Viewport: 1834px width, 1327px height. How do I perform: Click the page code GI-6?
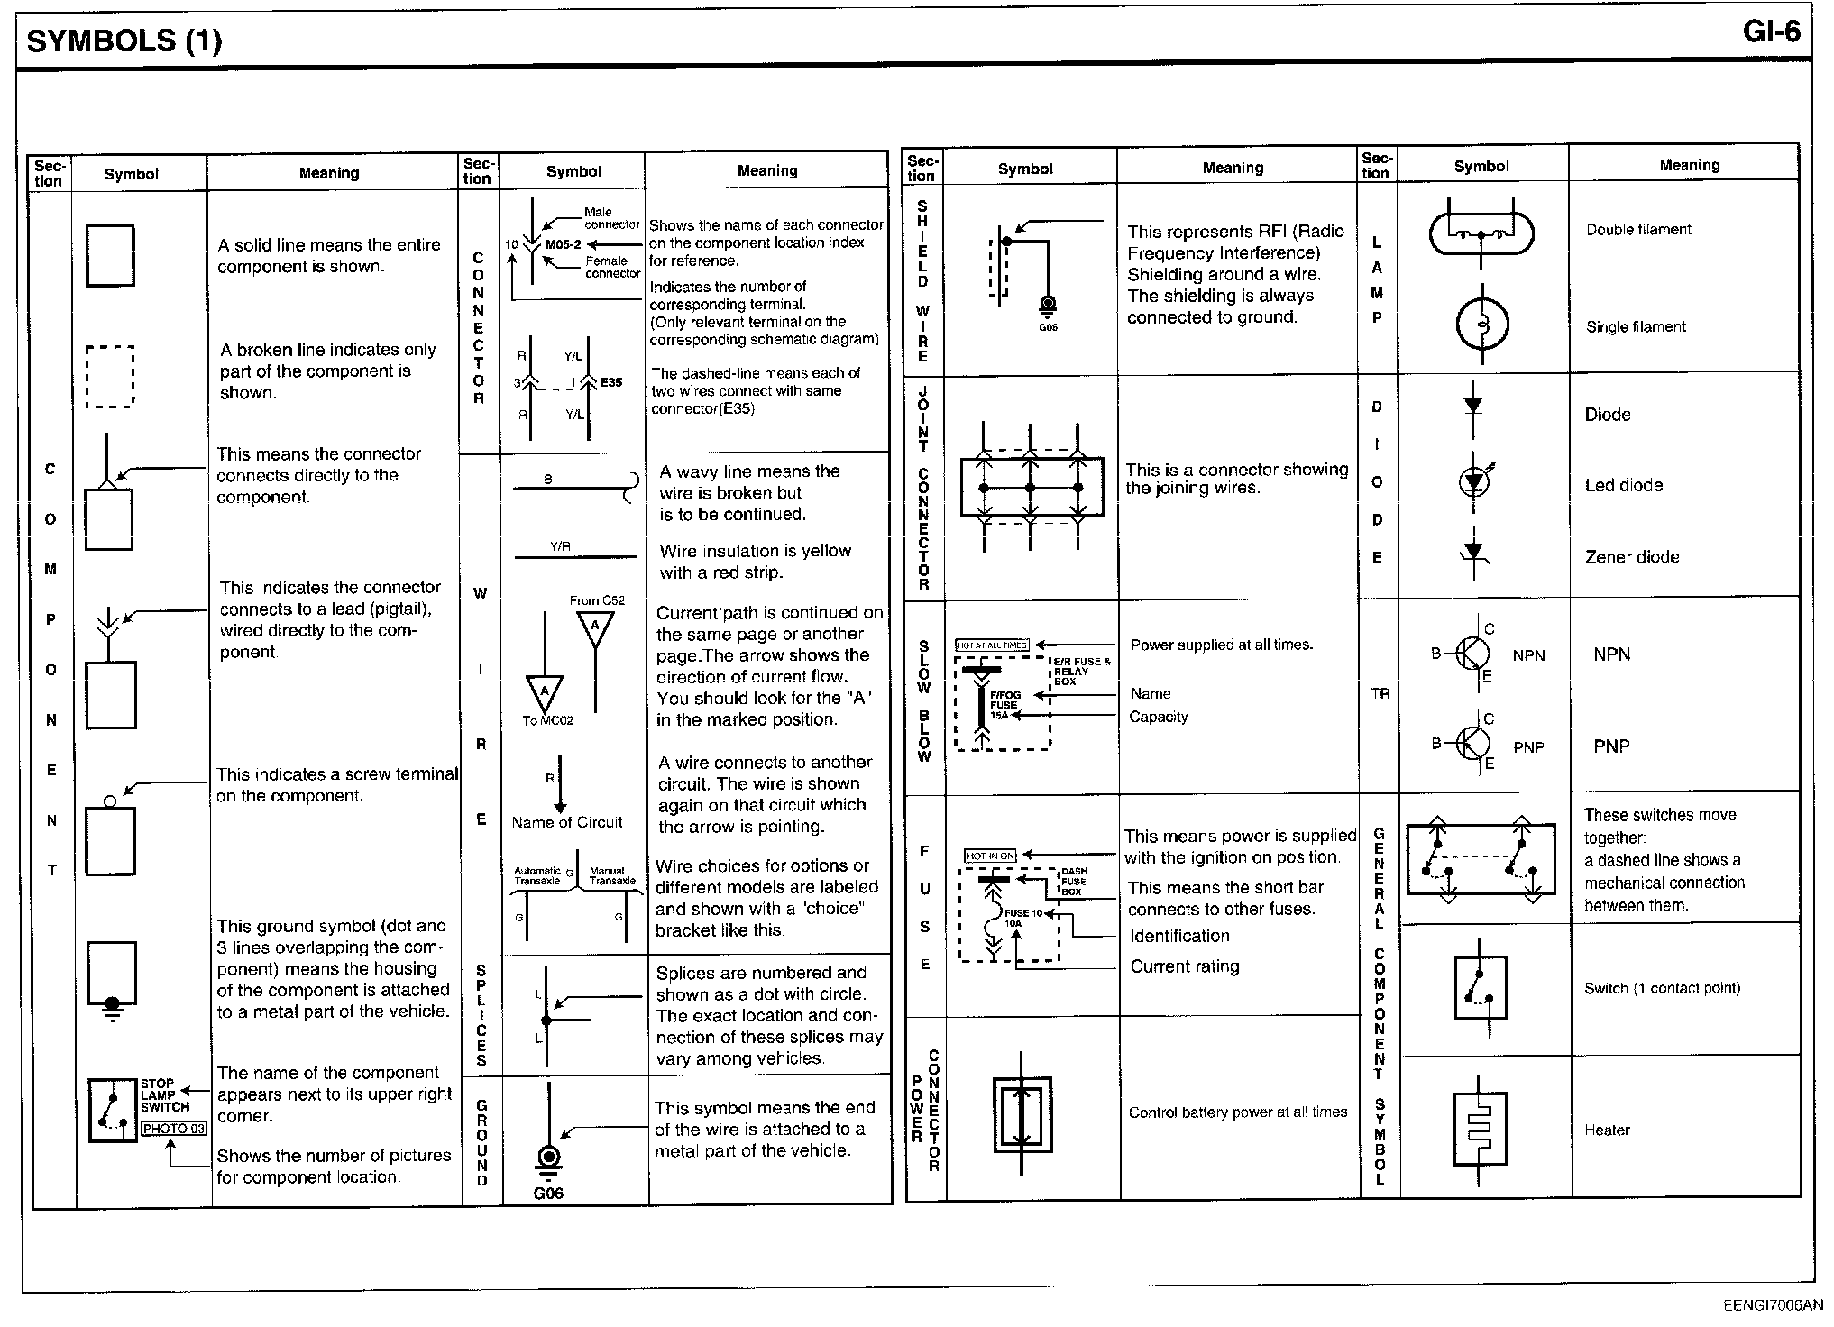[x=1771, y=32]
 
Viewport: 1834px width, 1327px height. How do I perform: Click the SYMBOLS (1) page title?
[x=124, y=41]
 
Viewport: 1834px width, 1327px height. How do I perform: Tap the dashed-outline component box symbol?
[x=110, y=377]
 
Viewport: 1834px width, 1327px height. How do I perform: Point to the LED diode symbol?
[x=1473, y=483]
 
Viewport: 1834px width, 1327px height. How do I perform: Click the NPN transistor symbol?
[x=1472, y=654]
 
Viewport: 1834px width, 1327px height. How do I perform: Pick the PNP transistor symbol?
[x=1472, y=744]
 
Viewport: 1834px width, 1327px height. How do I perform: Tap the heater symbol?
[x=1480, y=1130]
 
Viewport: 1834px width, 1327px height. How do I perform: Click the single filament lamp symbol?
[x=1481, y=325]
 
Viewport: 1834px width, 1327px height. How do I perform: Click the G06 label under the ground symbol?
[x=548, y=1194]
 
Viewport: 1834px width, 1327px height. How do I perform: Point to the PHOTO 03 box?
[x=174, y=1129]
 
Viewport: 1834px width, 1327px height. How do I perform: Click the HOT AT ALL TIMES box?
[x=992, y=645]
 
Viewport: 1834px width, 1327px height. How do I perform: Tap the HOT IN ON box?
[x=990, y=856]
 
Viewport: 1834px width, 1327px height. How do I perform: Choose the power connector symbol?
[x=1022, y=1113]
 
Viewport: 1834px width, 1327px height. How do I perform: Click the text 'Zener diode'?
[x=1632, y=557]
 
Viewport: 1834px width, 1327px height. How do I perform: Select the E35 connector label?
[x=611, y=382]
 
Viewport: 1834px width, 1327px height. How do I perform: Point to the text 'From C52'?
[x=597, y=600]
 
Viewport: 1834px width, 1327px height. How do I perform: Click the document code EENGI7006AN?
[x=1773, y=1305]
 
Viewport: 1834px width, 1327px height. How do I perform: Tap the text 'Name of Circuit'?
[x=567, y=822]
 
